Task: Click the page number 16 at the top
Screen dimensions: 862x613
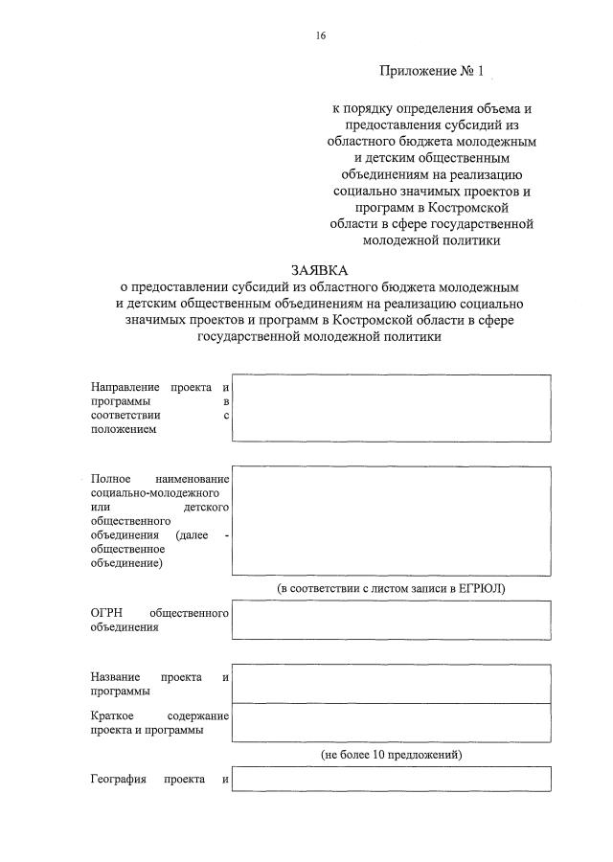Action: (321, 35)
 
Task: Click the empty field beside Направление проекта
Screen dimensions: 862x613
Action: (392, 408)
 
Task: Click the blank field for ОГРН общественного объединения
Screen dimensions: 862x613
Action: (392, 620)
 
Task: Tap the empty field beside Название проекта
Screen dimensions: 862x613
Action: (392, 684)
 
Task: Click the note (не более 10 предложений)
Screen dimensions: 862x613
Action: (392, 756)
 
